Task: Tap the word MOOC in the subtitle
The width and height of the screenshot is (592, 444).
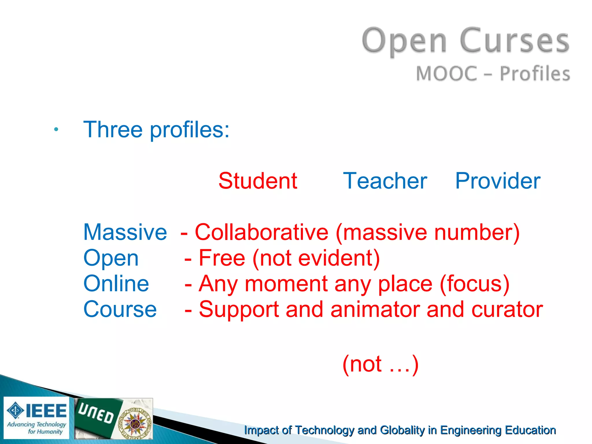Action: click(x=446, y=73)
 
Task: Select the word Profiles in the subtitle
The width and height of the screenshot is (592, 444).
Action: click(x=535, y=73)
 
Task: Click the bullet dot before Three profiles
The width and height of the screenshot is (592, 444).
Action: click(x=56, y=130)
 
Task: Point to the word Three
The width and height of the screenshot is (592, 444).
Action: click(x=113, y=129)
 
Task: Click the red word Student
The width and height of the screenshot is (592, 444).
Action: click(x=258, y=181)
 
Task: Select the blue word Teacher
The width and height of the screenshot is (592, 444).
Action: click(x=385, y=181)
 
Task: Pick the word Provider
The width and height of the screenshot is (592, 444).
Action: click(x=498, y=181)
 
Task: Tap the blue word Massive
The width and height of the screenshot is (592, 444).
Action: click(x=125, y=232)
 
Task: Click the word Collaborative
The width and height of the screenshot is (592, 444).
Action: click(x=262, y=232)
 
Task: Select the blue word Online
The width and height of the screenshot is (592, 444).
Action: click(x=116, y=284)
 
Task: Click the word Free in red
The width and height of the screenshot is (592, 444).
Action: click(x=222, y=258)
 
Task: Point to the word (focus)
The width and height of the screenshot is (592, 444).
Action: click(x=474, y=284)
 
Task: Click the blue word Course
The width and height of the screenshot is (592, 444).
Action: click(x=120, y=309)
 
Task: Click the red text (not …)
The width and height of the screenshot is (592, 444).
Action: click(x=380, y=364)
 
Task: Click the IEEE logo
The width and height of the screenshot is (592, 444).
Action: click(x=36, y=418)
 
